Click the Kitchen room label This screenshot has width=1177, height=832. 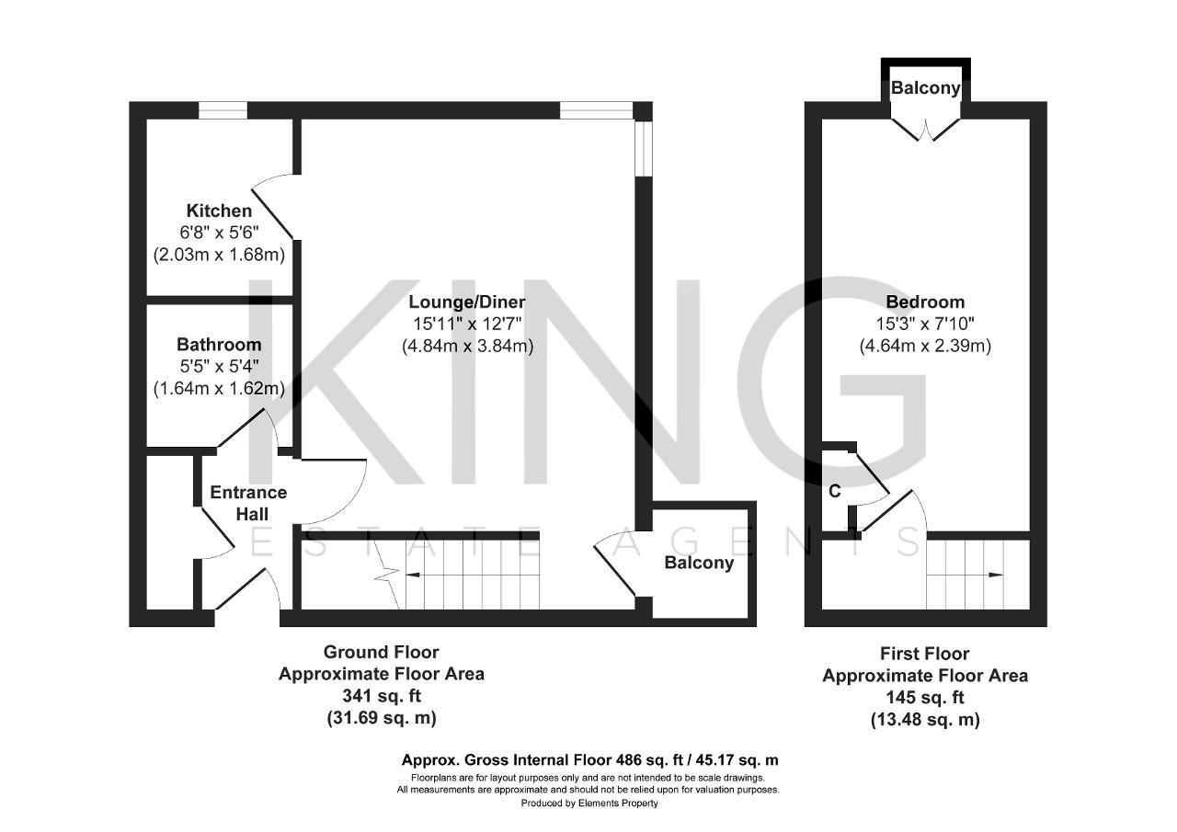(x=219, y=211)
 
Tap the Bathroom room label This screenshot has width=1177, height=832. (x=219, y=344)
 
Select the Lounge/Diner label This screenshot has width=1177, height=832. (x=467, y=302)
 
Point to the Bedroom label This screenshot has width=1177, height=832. (x=925, y=302)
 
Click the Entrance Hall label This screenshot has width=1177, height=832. (x=248, y=503)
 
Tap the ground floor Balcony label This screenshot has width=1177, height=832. (x=699, y=563)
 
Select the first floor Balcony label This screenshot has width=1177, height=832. (x=926, y=87)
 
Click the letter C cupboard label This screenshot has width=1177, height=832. (x=835, y=491)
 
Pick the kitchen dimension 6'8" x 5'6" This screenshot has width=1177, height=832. (x=219, y=233)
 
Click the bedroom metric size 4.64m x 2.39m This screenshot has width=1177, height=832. (x=925, y=347)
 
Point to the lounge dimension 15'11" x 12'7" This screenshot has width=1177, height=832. (x=467, y=325)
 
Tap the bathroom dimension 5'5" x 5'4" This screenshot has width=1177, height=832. (x=219, y=366)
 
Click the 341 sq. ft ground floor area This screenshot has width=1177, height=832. (x=382, y=696)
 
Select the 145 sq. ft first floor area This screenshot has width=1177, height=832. (x=925, y=698)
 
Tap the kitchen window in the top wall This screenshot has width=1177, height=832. (x=223, y=110)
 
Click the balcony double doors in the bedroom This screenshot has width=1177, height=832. (x=926, y=130)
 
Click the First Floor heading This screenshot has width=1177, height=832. (x=925, y=654)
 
